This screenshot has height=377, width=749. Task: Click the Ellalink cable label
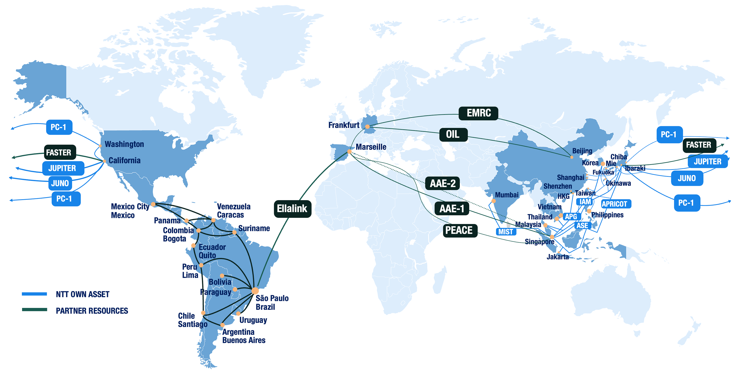[292, 209]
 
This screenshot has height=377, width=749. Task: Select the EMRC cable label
[478, 113]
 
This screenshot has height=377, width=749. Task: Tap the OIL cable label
[453, 134]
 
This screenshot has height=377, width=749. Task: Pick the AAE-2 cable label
[442, 183]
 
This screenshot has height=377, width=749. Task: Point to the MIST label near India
[506, 232]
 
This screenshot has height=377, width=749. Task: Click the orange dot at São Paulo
[255, 291]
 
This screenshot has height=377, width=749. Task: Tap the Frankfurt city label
[344, 125]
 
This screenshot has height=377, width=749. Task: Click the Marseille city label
[371, 147]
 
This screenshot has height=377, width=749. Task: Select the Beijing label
[582, 151]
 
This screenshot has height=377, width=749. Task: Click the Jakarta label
[557, 256]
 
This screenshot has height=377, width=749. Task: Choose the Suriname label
[254, 228]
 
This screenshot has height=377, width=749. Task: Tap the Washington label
[124, 144]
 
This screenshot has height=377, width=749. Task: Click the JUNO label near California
[60, 183]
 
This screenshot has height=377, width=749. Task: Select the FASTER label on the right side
[699, 145]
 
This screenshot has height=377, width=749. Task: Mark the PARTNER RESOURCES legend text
[92, 311]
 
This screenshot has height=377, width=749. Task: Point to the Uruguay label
[253, 320]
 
